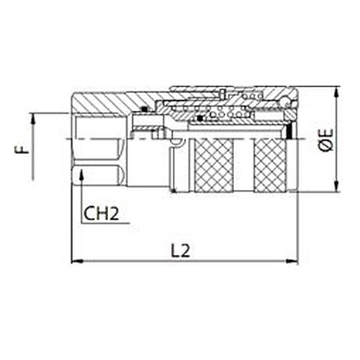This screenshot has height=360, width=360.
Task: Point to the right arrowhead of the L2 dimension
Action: pos(292,261)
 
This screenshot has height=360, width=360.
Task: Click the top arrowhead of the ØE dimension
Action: pos(337,92)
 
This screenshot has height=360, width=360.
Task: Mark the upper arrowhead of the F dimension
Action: pos(33,120)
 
